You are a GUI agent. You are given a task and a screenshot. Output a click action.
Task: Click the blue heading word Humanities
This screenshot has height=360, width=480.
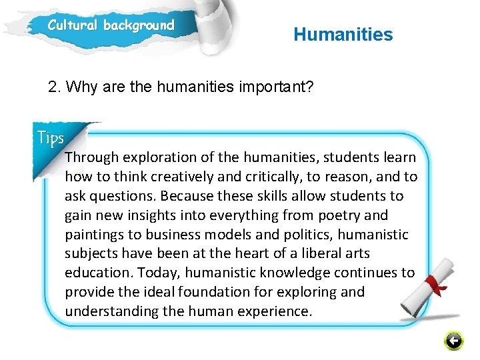343,35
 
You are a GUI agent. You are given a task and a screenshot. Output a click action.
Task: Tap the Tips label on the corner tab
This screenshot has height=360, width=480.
51,138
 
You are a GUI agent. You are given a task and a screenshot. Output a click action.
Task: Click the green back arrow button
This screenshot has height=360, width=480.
453,341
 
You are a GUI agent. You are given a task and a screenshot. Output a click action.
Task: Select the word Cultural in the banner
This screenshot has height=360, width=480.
72,26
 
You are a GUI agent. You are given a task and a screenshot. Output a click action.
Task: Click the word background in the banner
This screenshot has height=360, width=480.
138,26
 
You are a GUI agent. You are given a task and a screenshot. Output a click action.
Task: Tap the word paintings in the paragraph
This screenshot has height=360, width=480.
93,235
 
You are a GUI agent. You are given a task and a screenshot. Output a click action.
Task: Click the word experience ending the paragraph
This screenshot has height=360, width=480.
276,311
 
